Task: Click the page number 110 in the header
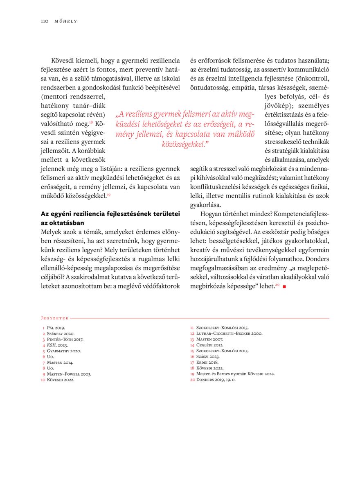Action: point(45,21)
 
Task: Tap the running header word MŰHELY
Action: point(66,21)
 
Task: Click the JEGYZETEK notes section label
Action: point(55,318)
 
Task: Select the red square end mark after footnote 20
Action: point(283,286)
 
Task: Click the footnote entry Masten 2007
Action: point(209,340)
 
